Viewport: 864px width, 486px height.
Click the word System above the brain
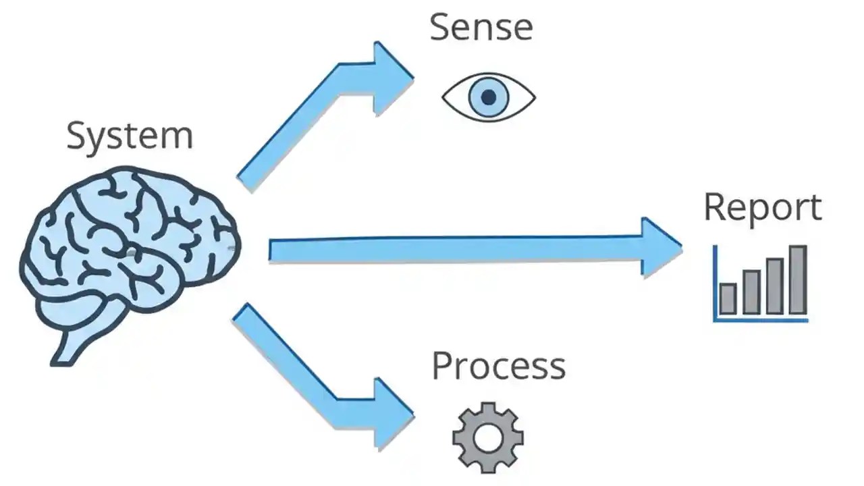tap(130, 136)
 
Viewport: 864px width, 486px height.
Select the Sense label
tap(481, 28)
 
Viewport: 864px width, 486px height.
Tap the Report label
tap(763, 207)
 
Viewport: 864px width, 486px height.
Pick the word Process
tap(498, 367)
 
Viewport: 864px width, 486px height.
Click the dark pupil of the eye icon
tap(489, 97)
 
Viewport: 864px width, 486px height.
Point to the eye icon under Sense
tap(489, 97)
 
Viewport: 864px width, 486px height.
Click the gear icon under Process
tap(487, 437)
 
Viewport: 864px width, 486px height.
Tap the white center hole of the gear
tap(487, 437)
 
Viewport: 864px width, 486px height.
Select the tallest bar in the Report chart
tap(798, 280)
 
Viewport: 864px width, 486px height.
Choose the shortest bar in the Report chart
tap(728, 298)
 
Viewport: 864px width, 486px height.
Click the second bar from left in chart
tap(751, 292)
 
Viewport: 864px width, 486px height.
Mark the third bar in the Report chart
tap(774, 286)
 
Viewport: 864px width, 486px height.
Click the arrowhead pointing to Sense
tap(393, 78)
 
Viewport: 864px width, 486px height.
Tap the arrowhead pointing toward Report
tap(660, 247)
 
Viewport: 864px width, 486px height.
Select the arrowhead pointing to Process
tap(393, 414)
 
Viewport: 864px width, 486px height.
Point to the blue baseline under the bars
tap(761, 320)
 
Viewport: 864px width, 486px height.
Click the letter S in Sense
tap(440, 28)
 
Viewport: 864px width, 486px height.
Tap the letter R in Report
tap(714, 207)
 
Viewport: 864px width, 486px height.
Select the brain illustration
tap(128, 250)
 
